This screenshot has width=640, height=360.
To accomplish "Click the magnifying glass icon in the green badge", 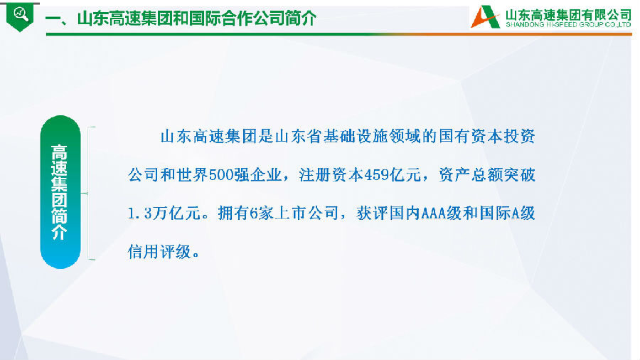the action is point(21,14).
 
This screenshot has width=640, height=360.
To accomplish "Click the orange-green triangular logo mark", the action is point(485,17).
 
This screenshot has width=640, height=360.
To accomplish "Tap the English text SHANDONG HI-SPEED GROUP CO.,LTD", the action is point(569,25).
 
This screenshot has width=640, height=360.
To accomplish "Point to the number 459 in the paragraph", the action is point(376,175).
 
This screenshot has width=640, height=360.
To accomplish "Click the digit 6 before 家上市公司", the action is point(254,213).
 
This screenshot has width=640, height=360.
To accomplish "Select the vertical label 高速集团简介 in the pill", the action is point(60,192).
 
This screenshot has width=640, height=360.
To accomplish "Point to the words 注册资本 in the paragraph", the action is point(331,175).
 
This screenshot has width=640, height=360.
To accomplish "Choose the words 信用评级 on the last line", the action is point(159,252).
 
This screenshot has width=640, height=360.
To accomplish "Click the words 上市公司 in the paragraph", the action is point(306,213).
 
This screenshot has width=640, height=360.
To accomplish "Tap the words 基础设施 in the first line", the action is point(356,137).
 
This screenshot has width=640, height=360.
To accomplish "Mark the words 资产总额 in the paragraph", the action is point(471,175).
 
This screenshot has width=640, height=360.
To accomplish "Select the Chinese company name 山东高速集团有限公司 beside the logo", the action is point(569,15).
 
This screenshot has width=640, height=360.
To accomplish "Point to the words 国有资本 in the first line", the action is point(471,137).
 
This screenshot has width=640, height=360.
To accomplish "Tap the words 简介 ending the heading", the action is point(301,18).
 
